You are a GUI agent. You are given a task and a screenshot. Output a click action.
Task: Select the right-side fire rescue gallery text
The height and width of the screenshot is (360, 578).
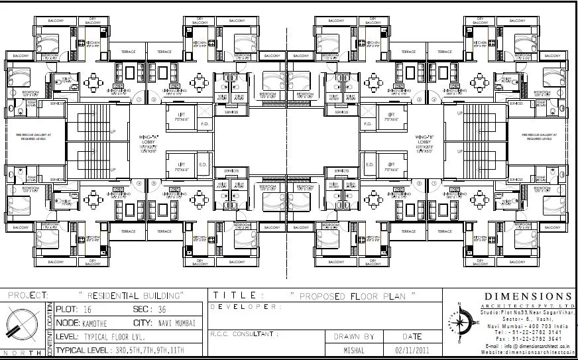[541, 139]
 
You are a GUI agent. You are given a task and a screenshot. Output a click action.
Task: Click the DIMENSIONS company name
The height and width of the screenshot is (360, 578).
[528, 296]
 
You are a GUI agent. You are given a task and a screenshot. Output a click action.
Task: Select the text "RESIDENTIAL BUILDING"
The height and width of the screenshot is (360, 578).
[131, 294]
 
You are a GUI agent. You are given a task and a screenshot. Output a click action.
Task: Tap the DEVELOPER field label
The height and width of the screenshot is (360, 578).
[246, 307]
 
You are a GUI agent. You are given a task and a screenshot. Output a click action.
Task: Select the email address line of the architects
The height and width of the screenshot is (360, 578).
[528, 346]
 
